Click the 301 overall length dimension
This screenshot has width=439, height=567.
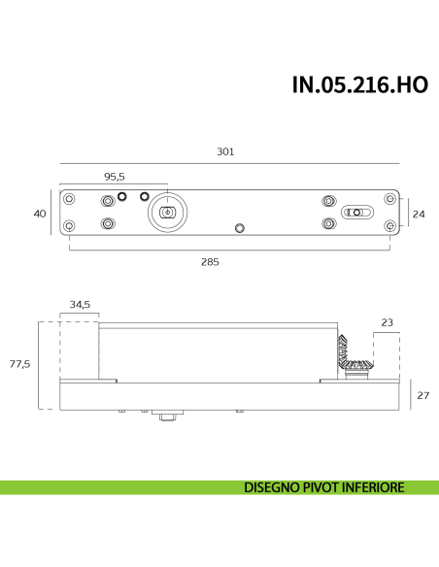click(x=226, y=151)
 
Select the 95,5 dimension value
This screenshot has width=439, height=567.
click(x=115, y=176)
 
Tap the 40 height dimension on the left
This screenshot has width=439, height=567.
click(x=40, y=213)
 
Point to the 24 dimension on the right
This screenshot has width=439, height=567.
click(x=419, y=213)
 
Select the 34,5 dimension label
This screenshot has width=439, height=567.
click(x=80, y=305)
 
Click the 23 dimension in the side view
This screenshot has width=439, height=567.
click(x=386, y=321)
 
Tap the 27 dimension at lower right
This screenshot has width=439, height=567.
click(x=422, y=395)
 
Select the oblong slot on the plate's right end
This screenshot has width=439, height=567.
click(x=358, y=212)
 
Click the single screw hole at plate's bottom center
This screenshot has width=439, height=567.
click(x=240, y=228)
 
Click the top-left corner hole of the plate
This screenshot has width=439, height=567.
click(x=69, y=199)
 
